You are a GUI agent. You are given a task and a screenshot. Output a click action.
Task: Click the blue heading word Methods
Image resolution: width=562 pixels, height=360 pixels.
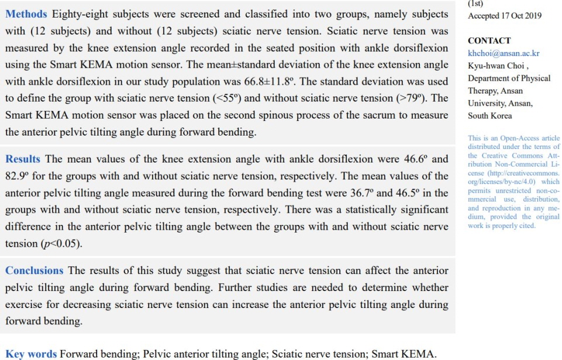coord(25,14)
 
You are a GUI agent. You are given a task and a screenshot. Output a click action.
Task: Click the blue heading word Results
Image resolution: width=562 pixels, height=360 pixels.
coord(23,159)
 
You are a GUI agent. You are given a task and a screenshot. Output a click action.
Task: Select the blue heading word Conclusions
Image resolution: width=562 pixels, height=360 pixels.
coord(35,271)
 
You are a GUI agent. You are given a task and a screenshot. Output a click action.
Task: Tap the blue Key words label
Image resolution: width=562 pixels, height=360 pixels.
coord(31,354)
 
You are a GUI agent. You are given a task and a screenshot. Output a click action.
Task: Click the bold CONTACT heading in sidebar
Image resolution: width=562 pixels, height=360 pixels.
coord(489,41)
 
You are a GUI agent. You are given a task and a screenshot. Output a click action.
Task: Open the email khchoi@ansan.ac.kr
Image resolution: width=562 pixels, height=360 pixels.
coord(504,53)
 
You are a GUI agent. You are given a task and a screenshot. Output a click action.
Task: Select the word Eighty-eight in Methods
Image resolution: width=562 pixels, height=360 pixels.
coord(77,14)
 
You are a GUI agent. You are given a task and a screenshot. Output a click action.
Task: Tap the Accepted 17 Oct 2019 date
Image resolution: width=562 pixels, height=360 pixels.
coord(506,16)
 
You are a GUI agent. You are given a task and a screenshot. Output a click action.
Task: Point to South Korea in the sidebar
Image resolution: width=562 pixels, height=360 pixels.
coord(490,116)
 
